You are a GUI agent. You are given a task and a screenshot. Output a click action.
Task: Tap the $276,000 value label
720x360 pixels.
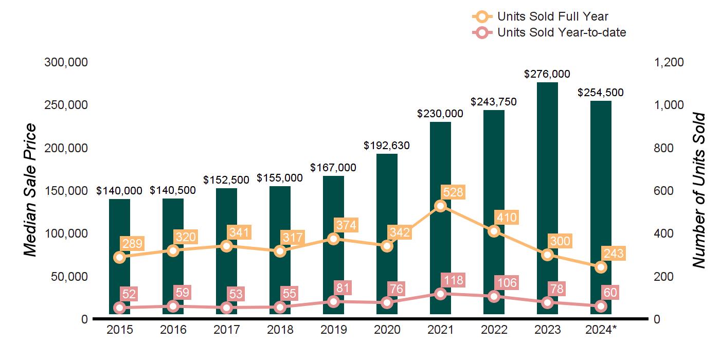pos(547,74)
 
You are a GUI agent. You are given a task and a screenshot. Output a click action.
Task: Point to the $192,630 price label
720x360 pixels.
pos(387,146)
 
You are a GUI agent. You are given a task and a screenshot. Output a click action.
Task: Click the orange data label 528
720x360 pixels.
pos(453,193)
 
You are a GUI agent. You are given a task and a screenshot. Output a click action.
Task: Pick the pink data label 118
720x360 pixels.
pos(453,280)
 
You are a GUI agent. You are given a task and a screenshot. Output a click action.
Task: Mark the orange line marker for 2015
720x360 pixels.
pos(119,257)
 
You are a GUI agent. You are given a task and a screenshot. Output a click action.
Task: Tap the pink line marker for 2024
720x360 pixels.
pos(601,307)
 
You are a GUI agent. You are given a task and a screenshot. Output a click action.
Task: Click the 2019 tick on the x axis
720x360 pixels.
pos(333,330)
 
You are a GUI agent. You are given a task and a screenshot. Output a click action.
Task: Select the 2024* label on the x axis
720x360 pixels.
pos(600,330)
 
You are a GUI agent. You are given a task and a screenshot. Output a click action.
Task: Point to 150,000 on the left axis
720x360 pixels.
pos(66,191)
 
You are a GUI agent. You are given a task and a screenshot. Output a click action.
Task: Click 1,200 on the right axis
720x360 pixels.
pos(669,62)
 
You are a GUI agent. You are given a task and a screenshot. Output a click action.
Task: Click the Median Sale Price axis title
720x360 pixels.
pos(31,190)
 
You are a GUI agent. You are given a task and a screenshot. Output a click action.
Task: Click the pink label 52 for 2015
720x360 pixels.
pos(130,294)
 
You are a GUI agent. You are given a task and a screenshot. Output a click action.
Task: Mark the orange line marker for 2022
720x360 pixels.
pos(494,231)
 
